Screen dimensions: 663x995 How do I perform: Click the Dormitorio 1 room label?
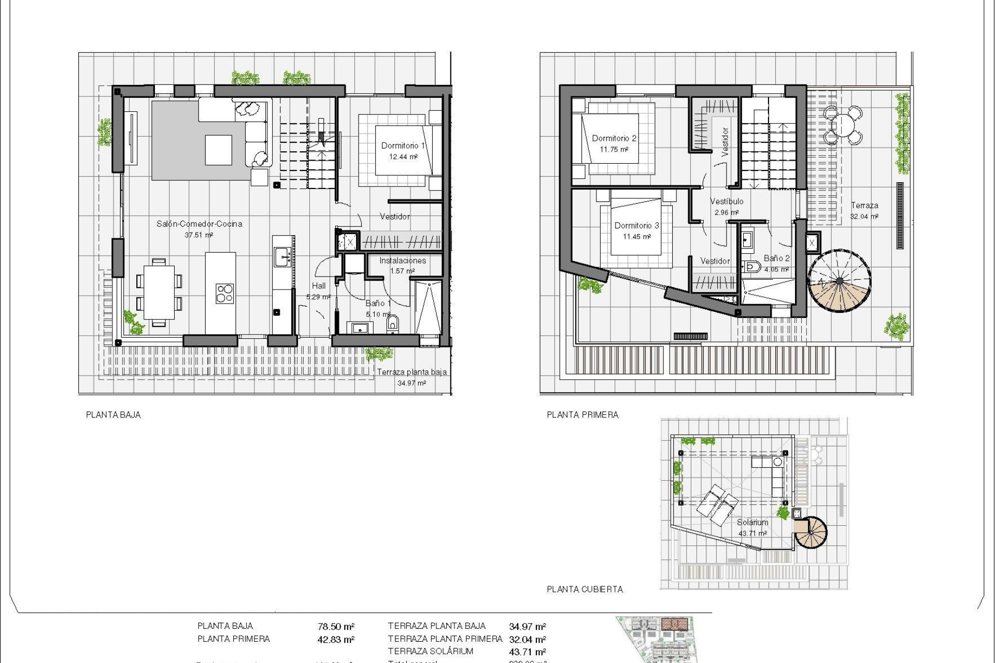pos(403,146)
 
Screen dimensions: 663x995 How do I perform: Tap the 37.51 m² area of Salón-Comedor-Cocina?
pos(199,235)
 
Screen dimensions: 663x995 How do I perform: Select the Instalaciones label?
pos(403,261)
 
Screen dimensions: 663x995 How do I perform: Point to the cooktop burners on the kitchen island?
pos(225,293)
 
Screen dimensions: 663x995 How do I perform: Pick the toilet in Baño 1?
pos(393,324)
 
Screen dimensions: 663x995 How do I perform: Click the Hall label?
pos(319,285)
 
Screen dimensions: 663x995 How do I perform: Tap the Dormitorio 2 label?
pos(614,138)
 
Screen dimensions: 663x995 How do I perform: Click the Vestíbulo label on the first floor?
pos(727,201)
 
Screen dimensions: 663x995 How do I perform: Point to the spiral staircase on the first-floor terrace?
pos(839,281)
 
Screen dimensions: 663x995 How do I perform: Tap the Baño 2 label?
pos(776,258)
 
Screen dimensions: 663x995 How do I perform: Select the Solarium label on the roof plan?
pos(752,523)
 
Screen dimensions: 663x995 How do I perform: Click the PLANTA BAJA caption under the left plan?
pos(113,415)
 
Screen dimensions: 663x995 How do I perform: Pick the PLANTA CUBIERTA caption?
pos(585,589)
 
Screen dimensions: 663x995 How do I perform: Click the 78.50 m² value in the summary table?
pos(336,627)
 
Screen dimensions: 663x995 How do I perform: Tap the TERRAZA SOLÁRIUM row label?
pos(431,652)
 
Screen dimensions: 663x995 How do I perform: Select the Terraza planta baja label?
pos(411,372)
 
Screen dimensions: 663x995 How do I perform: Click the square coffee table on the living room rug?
pos(218,150)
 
